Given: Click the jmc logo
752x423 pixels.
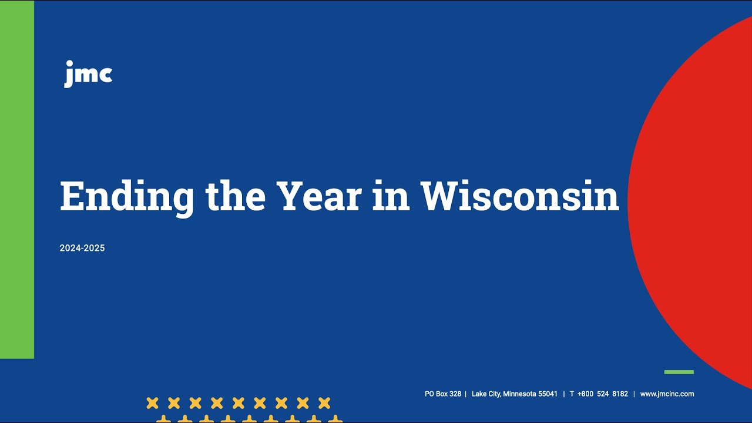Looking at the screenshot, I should pyautogui.click(x=88, y=74).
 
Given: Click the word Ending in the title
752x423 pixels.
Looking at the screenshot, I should pyautogui.click(x=127, y=197).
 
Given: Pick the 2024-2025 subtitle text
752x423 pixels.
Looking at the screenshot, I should pyautogui.click(x=82, y=249).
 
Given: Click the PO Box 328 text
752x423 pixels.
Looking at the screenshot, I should pyautogui.click(x=443, y=394).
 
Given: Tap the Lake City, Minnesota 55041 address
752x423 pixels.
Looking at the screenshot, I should pyautogui.click(x=515, y=394).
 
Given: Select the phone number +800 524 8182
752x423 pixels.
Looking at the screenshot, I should pyautogui.click(x=603, y=394).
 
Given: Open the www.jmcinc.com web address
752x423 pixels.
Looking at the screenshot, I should pyautogui.click(x=667, y=394).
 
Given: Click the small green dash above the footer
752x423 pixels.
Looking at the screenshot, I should pyautogui.click(x=679, y=372).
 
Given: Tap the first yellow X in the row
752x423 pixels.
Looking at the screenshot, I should pyautogui.click(x=152, y=403).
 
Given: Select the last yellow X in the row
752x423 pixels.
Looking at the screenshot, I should pyautogui.click(x=324, y=403).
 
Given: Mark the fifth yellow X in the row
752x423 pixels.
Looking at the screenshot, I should pyautogui.click(x=238, y=403).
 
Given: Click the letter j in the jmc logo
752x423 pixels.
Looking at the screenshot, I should pyautogui.click(x=69, y=75).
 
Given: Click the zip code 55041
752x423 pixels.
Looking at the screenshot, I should pyautogui.click(x=548, y=394).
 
